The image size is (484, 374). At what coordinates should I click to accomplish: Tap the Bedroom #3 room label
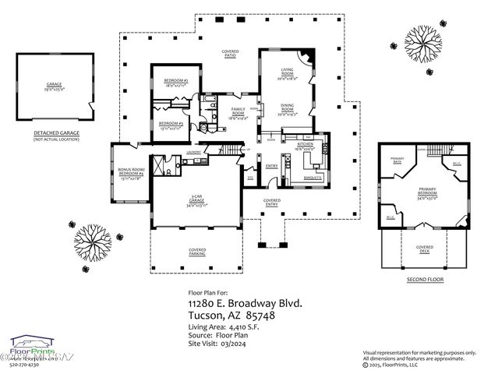pos(169,125)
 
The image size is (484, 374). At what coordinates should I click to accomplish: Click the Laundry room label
pos(195,152)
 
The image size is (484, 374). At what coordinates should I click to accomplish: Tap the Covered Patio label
pos(230,54)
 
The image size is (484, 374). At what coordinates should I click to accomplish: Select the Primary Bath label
pos(397,161)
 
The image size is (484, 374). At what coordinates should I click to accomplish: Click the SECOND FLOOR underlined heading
pos(425,279)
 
